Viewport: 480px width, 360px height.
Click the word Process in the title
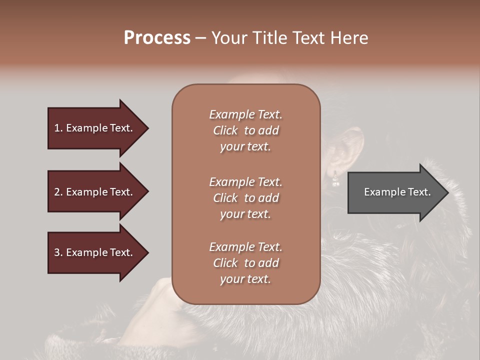157,38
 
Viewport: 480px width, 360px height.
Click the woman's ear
343,155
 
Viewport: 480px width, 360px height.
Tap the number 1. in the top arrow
58,128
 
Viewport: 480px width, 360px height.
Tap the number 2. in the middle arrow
58,192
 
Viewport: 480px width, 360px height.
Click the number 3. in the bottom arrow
58,252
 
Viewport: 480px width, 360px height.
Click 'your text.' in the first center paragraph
245,147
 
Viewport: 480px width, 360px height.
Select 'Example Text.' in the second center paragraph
245,182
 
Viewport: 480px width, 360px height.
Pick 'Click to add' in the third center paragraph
245,263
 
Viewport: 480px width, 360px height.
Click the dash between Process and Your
201,38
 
